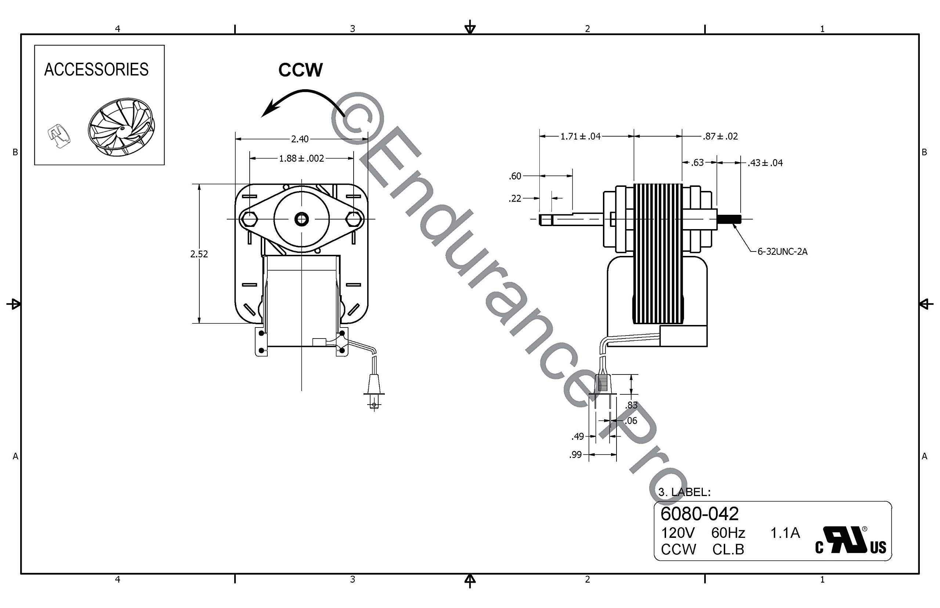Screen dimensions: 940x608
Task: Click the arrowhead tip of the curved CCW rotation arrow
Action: pos(262,117)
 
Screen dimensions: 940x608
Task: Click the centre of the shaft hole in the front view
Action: pos(301,219)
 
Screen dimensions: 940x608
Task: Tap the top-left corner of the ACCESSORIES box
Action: pos(35,46)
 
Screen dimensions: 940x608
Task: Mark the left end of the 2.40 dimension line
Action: pos(236,139)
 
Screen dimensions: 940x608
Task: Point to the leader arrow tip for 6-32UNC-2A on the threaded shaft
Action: pos(733,224)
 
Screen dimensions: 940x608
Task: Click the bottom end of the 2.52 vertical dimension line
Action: pos(199,323)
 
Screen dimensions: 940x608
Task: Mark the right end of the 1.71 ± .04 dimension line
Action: pos(634,136)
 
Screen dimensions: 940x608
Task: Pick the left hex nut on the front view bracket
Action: pos(250,219)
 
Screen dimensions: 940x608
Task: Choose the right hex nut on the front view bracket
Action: pos(353,219)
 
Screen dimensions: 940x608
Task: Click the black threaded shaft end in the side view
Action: pos(729,219)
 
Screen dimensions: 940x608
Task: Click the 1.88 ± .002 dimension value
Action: pos(301,158)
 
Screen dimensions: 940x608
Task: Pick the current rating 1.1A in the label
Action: pos(785,533)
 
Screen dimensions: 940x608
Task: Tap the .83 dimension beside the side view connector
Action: pos(632,405)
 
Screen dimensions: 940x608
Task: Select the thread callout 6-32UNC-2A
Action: pos(782,251)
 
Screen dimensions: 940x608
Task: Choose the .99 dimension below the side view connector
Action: pos(576,455)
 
